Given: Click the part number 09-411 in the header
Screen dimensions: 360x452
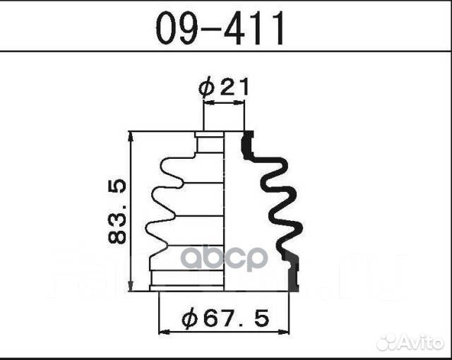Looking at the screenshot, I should coord(220,28).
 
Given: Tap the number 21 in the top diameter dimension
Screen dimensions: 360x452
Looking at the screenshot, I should coord(234,88).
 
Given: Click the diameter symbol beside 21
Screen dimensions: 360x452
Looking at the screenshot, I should coord(206,88).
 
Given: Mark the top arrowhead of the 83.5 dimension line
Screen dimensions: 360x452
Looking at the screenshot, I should coord(131,136).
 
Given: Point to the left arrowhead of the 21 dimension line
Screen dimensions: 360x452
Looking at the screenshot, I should coord(207,104).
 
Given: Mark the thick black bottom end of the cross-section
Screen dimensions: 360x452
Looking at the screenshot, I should coord(293,279).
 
